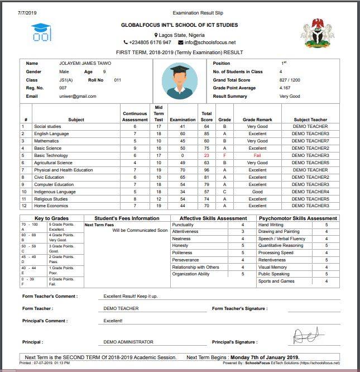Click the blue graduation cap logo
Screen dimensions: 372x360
(x=41, y=32)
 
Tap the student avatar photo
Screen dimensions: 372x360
(x=179, y=80)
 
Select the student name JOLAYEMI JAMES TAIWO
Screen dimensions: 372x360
(x=85, y=64)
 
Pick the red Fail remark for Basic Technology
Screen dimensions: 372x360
(x=257, y=155)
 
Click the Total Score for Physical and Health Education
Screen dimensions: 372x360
(x=207, y=170)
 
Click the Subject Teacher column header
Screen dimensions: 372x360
(x=310, y=120)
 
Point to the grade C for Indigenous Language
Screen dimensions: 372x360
(x=225, y=192)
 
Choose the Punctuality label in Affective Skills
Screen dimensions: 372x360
(x=183, y=225)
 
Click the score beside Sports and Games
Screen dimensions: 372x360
(x=327, y=282)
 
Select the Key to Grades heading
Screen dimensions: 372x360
(x=51, y=218)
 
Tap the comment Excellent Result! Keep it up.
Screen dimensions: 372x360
(x=131, y=296)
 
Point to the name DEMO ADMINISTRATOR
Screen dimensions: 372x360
(x=128, y=342)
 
